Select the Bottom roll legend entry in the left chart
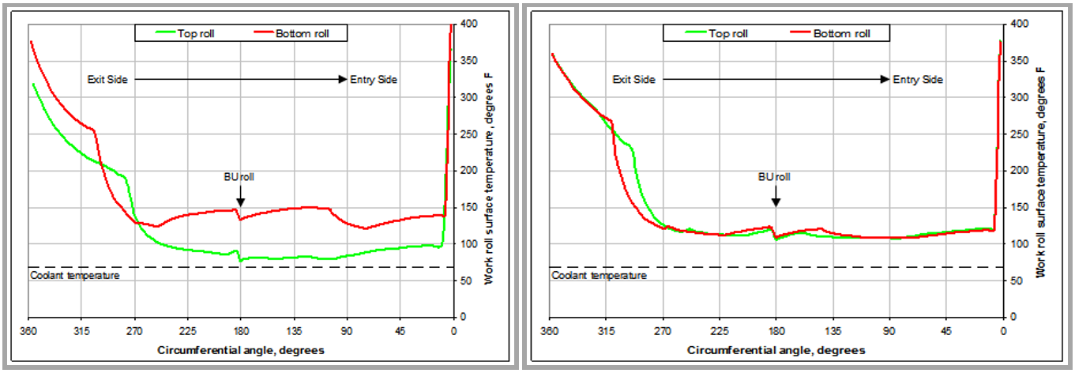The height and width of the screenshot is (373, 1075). coord(303,33)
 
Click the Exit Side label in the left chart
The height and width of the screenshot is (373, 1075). coord(107,80)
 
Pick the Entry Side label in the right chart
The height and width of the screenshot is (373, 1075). coord(918,80)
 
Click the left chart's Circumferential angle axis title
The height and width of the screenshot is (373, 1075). coord(241,349)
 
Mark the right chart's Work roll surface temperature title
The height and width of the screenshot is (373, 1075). coord(1041,171)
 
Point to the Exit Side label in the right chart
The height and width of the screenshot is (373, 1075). coord(634,80)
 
